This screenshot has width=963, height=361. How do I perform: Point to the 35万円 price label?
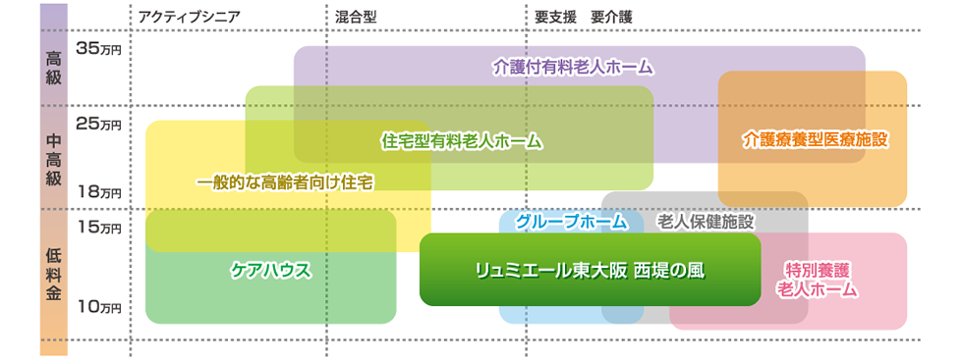pyautogui.click(x=97, y=49)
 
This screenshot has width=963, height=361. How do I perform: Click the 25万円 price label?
pyautogui.click(x=97, y=125)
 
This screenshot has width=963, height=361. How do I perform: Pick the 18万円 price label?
pyautogui.click(x=97, y=192)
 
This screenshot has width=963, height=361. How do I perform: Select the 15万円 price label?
pyautogui.click(x=97, y=228)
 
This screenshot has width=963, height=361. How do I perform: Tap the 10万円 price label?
pyautogui.click(x=97, y=307)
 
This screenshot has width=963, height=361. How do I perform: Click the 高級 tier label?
pyautogui.click(x=54, y=66)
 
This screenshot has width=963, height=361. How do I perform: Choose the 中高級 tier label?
pyautogui.click(x=54, y=157)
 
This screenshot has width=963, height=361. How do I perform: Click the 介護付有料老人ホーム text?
pyautogui.click(x=574, y=68)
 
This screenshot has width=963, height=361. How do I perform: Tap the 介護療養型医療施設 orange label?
pyautogui.click(x=815, y=139)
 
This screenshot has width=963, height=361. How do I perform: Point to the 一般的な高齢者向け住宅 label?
pyautogui.click(x=284, y=182)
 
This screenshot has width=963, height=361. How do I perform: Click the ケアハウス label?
pyautogui.click(x=270, y=269)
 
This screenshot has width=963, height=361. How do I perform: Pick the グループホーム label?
pyautogui.click(x=571, y=222)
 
